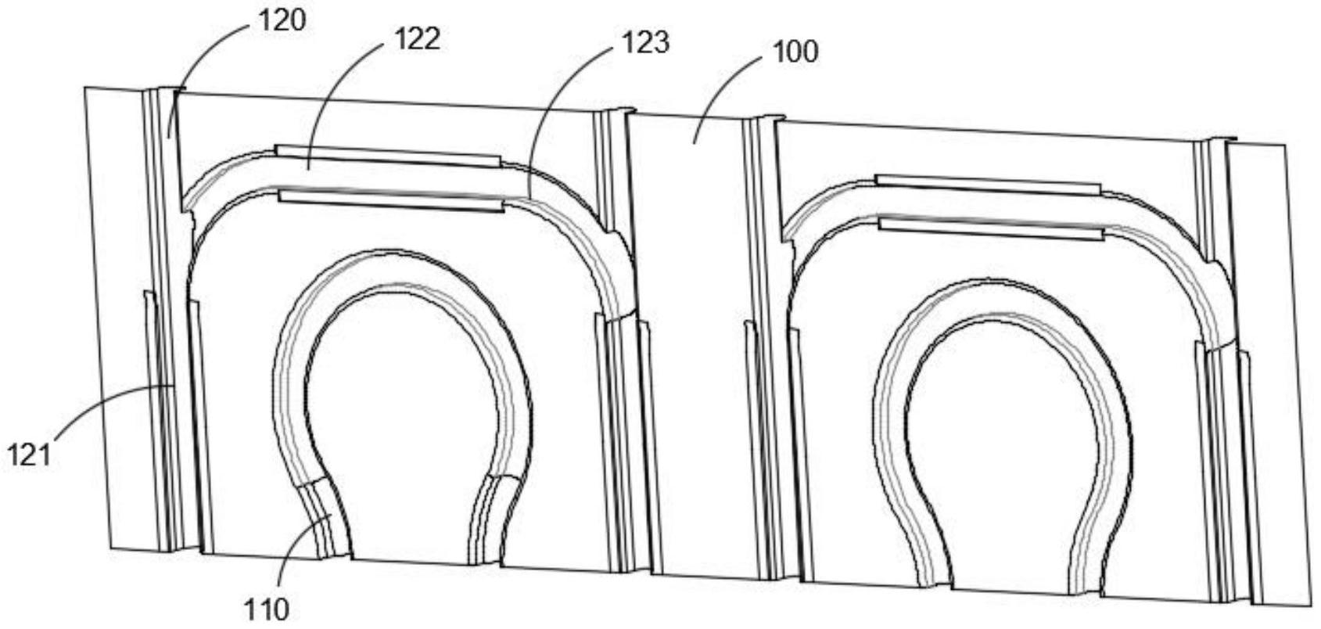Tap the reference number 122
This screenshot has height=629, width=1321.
point(418,38)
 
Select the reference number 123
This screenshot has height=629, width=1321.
point(645,41)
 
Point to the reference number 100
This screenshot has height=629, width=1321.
point(795,52)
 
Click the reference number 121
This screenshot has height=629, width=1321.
point(29,454)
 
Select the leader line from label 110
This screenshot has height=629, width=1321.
point(301,548)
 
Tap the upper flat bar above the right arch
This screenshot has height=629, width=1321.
point(988,185)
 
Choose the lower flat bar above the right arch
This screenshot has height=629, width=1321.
point(991,228)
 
